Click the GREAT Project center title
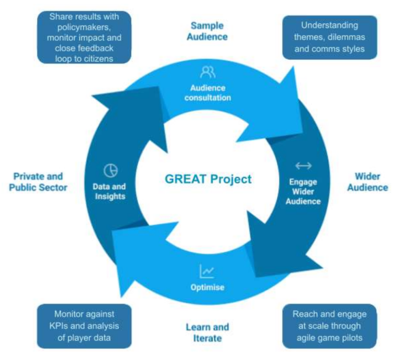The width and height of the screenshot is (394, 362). click(x=209, y=179)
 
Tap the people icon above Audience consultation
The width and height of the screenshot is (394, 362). click(x=208, y=72)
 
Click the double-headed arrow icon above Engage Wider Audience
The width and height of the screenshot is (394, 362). click(x=303, y=165)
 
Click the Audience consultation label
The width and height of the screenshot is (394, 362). click(x=207, y=93)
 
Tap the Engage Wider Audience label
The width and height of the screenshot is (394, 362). click(x=303, y=191)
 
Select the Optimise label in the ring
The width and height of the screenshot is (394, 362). click(x=207, y=287)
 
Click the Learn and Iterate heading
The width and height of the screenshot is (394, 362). click(x=207, y=332)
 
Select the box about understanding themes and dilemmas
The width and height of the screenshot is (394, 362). click(x=329, y=37)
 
